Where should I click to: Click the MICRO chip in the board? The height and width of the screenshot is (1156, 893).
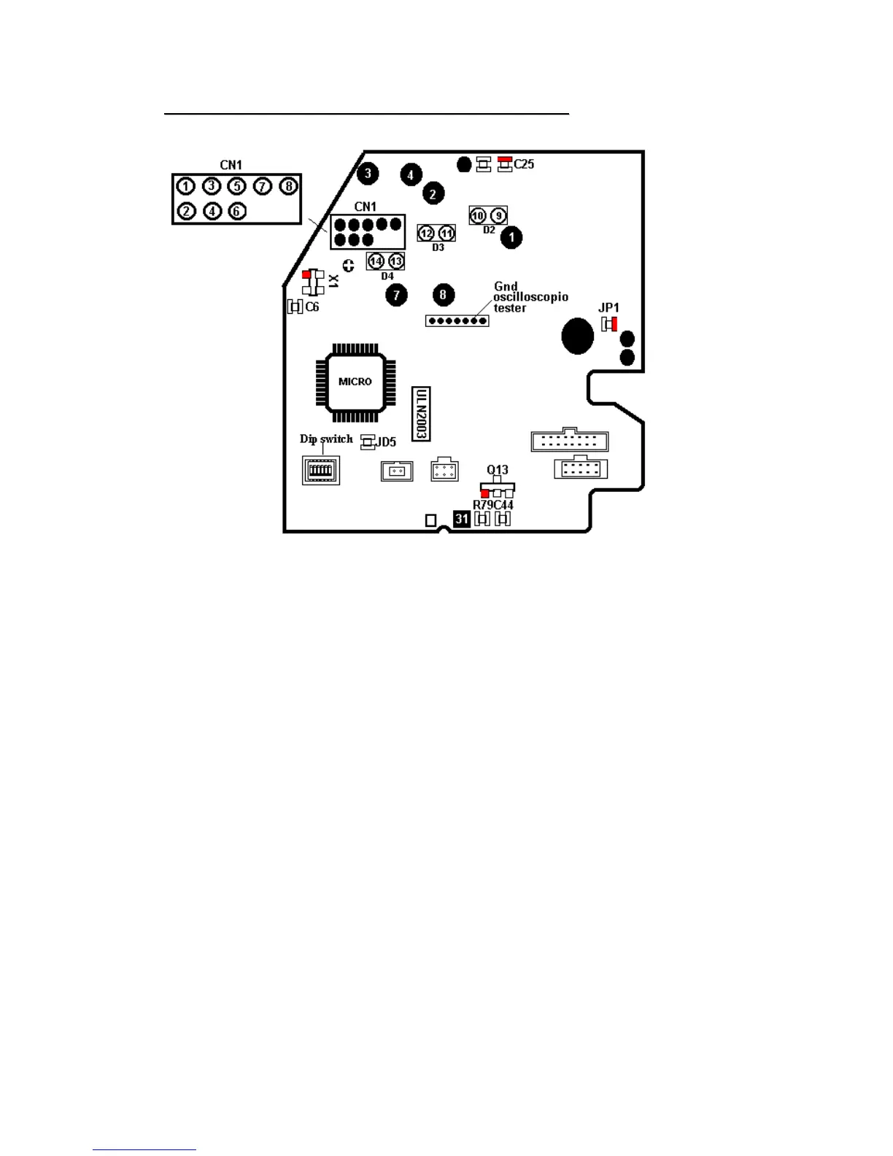(355, 382)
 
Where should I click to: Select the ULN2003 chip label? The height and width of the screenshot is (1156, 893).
(421, 414)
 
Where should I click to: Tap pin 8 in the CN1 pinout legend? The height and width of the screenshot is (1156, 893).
(289, 186)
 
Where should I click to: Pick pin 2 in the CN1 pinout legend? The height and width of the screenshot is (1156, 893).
(187, 211)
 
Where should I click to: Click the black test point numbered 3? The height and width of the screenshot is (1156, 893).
(368, 173)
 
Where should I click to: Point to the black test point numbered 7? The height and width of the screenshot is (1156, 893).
(396, 295)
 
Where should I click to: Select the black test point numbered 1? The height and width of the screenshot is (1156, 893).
(511, 237)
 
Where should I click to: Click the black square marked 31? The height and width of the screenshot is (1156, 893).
(461, 519)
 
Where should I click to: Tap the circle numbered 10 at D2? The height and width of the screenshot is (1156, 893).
(478, 216)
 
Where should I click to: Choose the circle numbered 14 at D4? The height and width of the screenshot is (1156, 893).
(376, 261)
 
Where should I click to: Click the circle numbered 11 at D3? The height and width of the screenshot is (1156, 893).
(446, 234)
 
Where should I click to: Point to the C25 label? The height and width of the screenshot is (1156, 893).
(524, 164)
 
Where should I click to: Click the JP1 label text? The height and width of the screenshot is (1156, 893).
(608, 308)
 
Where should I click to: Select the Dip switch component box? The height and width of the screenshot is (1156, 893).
(321, 470)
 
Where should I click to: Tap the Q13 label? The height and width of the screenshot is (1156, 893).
(498, 470)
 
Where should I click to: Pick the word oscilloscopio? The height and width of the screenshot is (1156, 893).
(530, 297)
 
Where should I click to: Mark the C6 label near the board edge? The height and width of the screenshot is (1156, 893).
(312, 307)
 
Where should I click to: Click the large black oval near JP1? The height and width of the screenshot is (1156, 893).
(577, 336)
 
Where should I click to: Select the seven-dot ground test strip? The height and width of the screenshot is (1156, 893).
(457, 320)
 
